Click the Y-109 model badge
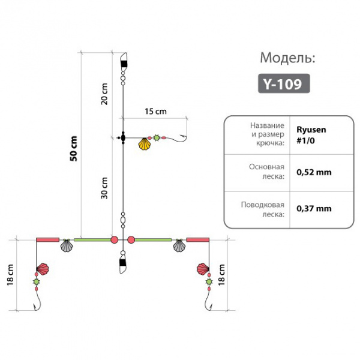[x=284, y=83]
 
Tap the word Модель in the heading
[x=287, y=58]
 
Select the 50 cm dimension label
[x=74, y=149]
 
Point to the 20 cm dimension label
[x=104, y=94]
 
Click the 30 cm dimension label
[x=104, y=188]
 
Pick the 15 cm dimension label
[x=155, y=112]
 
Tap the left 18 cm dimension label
[x=10, y=275]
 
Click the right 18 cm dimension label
[x=221, y=275]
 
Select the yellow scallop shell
[x=145, y=144]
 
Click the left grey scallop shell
[x=67, y=245]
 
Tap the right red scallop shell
[x=203, y=269]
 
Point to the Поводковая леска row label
[x=263, y=209]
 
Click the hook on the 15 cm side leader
[x=181, y=140]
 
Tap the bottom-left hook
[x=37, y=303]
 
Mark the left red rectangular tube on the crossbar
[x=48, y=240]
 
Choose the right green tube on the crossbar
[x=153, y=240]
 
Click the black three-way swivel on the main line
[x=122, y=138]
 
